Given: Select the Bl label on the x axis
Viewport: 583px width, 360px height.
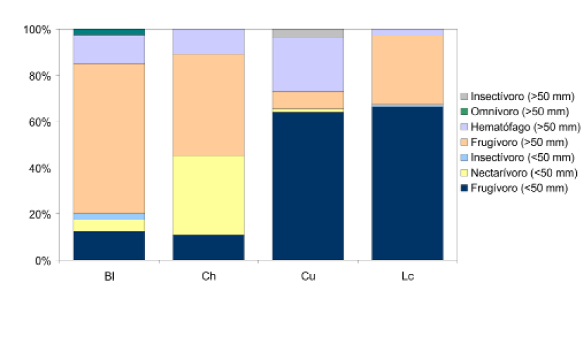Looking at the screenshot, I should (108, 277).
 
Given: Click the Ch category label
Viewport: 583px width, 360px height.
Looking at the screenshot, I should (208, 277).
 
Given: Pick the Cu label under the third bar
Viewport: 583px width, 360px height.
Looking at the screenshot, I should (308, 277).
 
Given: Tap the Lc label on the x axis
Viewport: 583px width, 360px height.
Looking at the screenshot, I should (407, 277).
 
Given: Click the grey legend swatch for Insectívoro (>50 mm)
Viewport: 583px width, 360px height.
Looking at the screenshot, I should (464, 97).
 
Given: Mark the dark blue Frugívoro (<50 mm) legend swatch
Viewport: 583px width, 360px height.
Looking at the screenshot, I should (464, 188).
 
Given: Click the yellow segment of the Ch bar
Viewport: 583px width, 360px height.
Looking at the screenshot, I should (208, 195).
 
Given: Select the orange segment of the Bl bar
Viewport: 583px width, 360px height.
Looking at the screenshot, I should (109, 138).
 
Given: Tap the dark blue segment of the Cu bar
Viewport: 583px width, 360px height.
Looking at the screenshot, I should (308, 186).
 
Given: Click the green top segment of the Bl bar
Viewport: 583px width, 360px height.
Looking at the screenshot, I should (109, 32).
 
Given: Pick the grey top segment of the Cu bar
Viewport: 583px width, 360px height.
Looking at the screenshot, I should (308, 33).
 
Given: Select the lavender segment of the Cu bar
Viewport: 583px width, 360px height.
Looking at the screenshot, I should (308, 64).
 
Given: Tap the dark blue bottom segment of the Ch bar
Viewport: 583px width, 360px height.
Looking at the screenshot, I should (208, 248).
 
